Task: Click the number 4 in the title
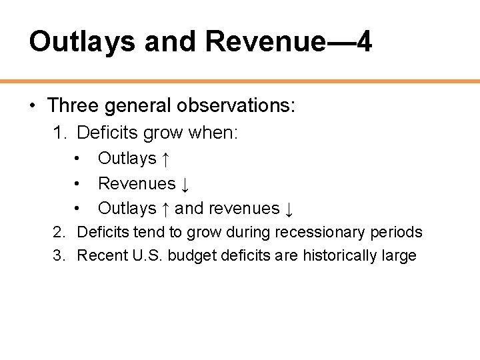[x=363, y=41]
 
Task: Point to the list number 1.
[x=59, y=133]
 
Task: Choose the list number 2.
[x=59, y=232]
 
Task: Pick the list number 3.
[x=59, y=255]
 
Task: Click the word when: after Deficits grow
[x=213, y=133]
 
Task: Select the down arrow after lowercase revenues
[x=289, y=209]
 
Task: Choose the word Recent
[x=99, y=255]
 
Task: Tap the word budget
[x=189, y=255]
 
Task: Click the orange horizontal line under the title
[x=240, y=81]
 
